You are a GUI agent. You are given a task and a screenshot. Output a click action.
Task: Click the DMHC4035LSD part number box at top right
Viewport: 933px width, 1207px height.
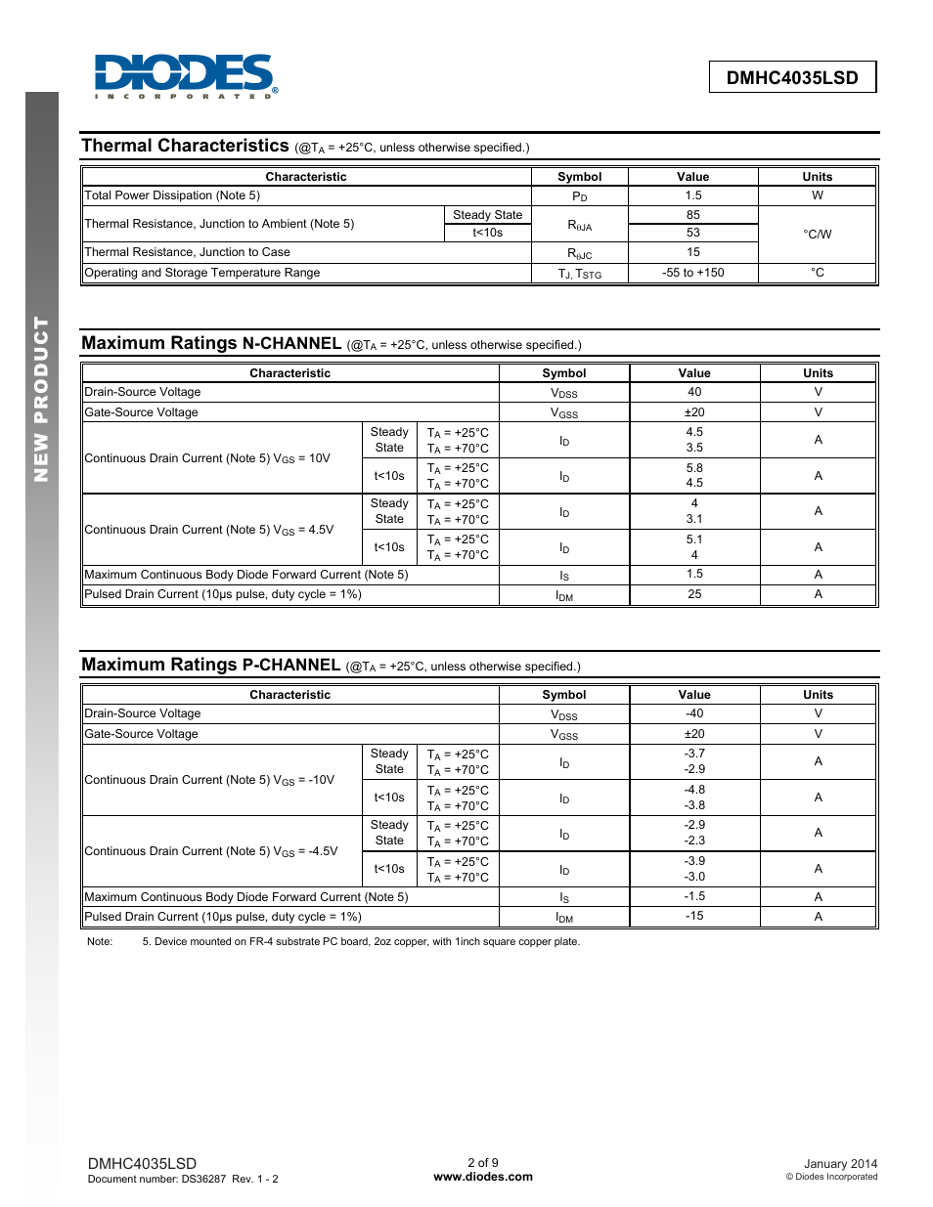coord(792,78)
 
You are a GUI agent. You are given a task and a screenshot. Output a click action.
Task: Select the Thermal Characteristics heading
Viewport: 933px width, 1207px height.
coord(186,146)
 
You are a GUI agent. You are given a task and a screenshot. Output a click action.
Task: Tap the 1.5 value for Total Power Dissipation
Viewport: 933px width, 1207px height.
coord(693,195)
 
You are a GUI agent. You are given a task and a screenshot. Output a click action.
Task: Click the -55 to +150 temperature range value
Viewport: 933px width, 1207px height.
coord(693,273)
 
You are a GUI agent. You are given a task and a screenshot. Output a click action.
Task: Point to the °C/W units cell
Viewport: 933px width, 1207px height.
coord(818,235)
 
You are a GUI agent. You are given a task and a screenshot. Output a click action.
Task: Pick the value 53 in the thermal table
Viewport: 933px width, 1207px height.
coord(693,233)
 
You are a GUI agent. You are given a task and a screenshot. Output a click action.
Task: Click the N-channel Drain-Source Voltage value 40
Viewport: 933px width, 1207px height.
coord(694,392)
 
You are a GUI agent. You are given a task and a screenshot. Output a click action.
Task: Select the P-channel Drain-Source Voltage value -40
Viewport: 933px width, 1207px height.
coord(694,713)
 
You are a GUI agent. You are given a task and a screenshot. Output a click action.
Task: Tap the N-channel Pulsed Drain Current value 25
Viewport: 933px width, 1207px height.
coord(694,594)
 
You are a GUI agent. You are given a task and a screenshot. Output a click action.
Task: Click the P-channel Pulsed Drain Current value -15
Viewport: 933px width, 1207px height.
coord(694,916)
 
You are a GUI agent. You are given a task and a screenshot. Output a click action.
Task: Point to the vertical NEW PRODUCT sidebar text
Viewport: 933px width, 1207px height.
coord(41,399)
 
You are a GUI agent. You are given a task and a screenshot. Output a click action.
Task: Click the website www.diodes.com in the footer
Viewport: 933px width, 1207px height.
coord(483,1177)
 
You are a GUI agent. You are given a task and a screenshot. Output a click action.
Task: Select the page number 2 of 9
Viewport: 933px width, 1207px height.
coord(483,1163)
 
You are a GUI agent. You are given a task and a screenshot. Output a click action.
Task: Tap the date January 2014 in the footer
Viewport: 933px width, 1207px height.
coord(840,1164)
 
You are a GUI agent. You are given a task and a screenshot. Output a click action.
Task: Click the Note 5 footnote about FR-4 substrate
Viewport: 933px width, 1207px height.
coord(361,942)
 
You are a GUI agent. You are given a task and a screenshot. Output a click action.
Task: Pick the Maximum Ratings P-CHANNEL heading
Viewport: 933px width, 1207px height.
coord(211,665)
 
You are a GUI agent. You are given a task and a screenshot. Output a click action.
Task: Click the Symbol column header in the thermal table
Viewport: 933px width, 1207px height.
coord(580,177)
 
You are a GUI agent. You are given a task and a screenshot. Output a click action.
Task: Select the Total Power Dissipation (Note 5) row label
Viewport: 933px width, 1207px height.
coord(173,195)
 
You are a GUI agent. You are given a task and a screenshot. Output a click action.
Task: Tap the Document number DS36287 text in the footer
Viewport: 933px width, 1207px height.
coord(183,1179)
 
